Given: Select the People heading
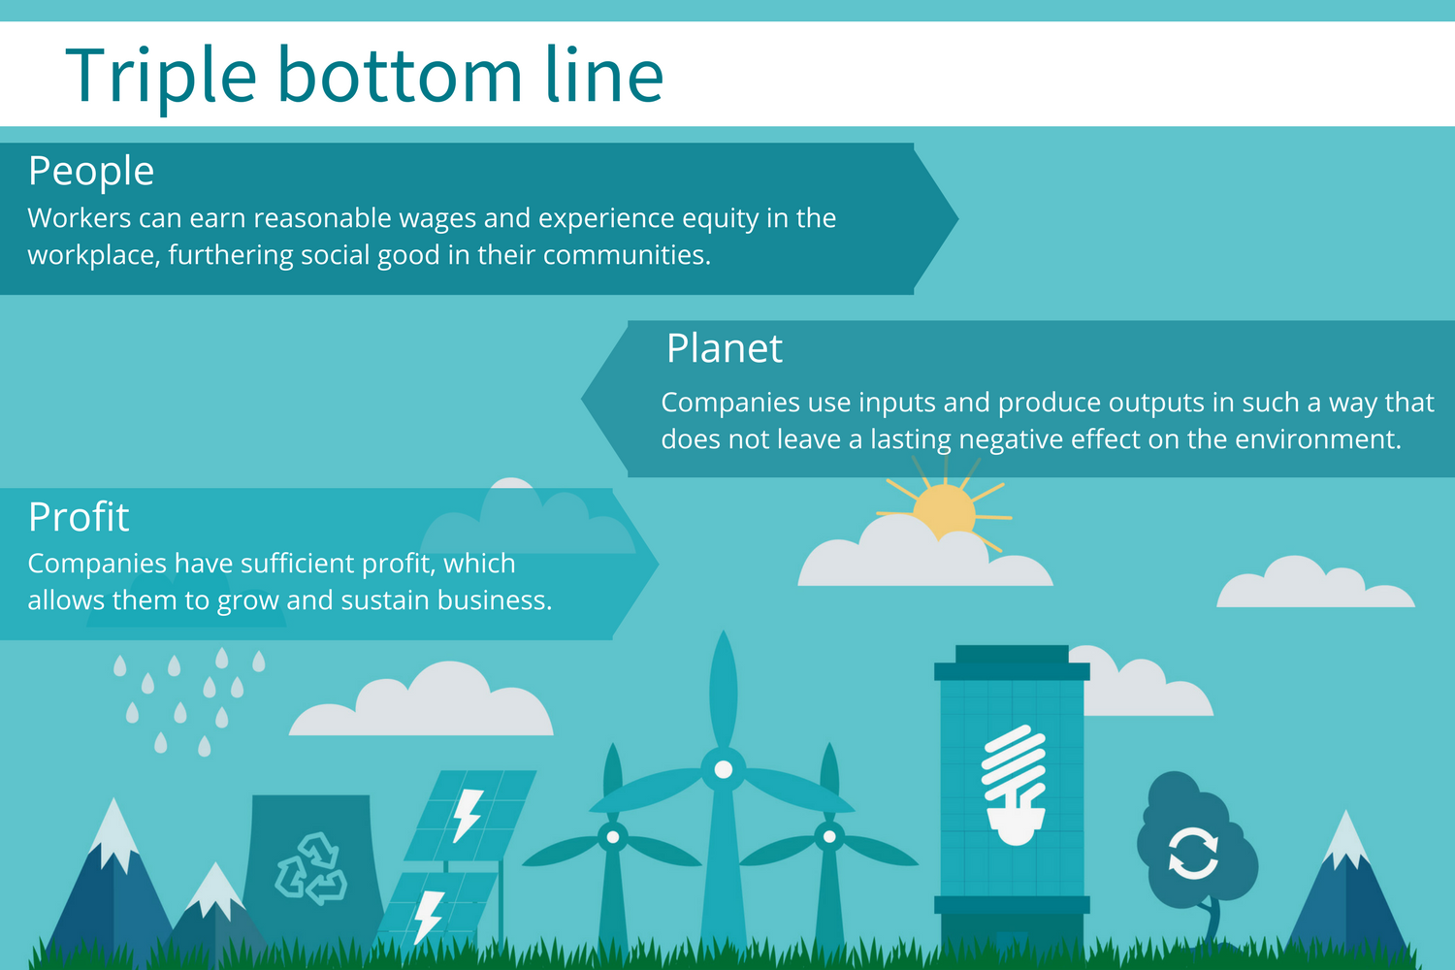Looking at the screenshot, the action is click(91, 172).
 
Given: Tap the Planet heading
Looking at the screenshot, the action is click(725, 348).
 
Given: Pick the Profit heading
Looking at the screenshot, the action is click(79, 517).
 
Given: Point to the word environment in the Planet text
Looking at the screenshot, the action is click(1317, 439).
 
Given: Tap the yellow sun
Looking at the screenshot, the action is click(944, 510).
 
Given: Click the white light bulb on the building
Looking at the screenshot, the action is click(1015, 785).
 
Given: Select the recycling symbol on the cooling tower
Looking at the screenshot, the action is click(311, 868).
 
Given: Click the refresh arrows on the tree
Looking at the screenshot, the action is click(1193, 853).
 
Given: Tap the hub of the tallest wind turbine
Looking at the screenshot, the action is click(723, 770).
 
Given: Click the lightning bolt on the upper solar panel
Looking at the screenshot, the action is click(468, 815).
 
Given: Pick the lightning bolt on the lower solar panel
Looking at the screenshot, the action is click(429, 916).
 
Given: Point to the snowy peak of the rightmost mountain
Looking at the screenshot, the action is click(1346, 838).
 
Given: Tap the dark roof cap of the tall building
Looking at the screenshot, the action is click(1012, 663).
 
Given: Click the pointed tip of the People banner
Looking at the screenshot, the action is click(957, 218).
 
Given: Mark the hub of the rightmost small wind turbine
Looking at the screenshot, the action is click(829, 837).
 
